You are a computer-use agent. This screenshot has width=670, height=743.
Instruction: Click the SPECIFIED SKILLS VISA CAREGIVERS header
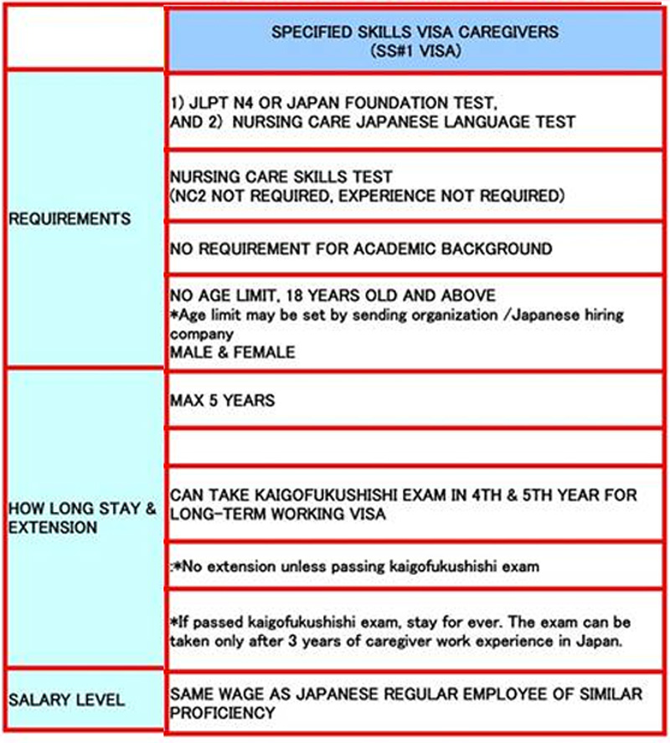[416, 32]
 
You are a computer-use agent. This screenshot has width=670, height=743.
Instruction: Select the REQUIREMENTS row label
[70, 218]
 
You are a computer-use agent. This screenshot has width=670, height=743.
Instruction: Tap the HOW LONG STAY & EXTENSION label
[81, 518]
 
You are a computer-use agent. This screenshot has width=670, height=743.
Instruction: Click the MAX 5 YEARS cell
[222, 401]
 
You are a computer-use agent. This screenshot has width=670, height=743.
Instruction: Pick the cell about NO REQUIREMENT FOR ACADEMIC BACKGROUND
[361, 249]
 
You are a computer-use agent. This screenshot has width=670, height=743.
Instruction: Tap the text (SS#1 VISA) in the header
[415, 50]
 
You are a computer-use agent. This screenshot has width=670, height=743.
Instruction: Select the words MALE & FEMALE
[232, 352]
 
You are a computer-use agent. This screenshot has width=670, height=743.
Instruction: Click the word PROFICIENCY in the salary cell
[222, 714]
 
